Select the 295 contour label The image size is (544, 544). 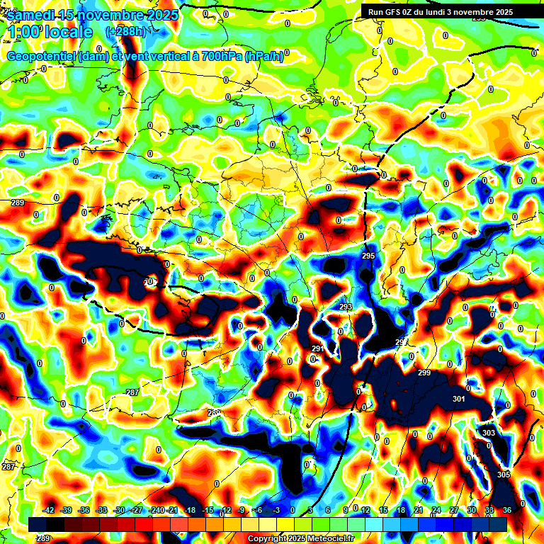click(368, 256)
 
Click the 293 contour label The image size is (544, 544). click(346, 307)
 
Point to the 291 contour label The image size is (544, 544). click(318, 348)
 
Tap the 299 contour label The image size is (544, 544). click(424, 373)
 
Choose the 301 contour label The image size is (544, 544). click(459, 399)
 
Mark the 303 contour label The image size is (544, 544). click(489, 433)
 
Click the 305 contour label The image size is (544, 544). click(504, 475)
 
